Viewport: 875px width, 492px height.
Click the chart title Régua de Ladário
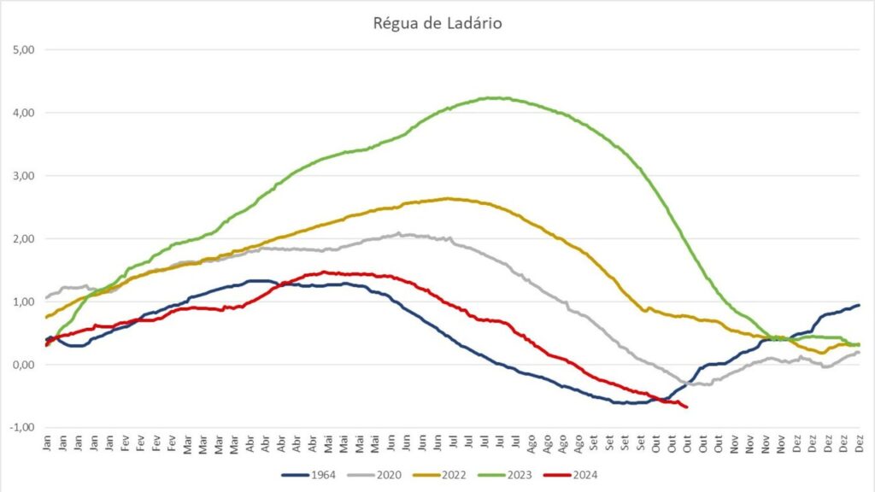point(437,23)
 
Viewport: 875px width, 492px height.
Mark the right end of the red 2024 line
point(686,407)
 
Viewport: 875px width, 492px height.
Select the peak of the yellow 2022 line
point(448,198)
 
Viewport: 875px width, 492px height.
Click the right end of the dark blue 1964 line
point(858,305)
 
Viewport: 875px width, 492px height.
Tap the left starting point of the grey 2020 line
point(45,300)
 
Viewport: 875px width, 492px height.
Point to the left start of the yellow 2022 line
point(45,318)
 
